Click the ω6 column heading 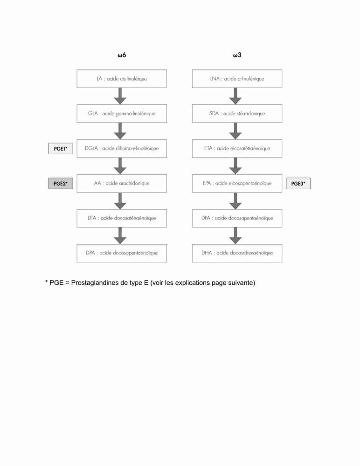[122, 55]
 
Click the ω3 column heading [237, 55]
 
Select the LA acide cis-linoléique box [122, 79]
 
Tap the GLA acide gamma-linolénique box [122, 114]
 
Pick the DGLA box [122, 148]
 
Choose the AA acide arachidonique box [122, 183]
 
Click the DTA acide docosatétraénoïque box [122, 218]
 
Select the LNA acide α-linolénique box [237, 79]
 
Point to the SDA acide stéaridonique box [237, 114]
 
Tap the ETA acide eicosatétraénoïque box [237, 148]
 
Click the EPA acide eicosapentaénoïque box [237, 183]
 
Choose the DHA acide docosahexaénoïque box [237, 253]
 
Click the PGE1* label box [61, 149]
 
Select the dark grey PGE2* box [61, 183]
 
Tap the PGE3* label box [298, 183]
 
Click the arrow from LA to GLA [120, 96]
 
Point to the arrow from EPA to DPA [235, 201]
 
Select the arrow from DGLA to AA [120, 166]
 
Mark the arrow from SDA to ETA [235, 131]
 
